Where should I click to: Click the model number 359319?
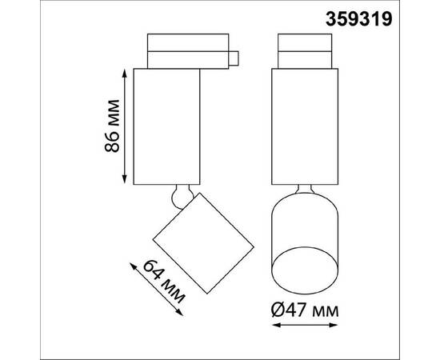click(358, 20)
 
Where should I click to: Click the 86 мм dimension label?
click(112, 126)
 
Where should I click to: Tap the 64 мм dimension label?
click(164, 282)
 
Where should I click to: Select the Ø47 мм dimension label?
click(305, 310)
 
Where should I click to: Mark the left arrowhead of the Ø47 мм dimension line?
click(276, 325)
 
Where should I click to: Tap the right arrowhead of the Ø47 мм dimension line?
click(334, 325)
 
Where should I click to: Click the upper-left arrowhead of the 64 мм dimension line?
click(133, 266)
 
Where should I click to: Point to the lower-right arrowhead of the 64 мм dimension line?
click(180, 313)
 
